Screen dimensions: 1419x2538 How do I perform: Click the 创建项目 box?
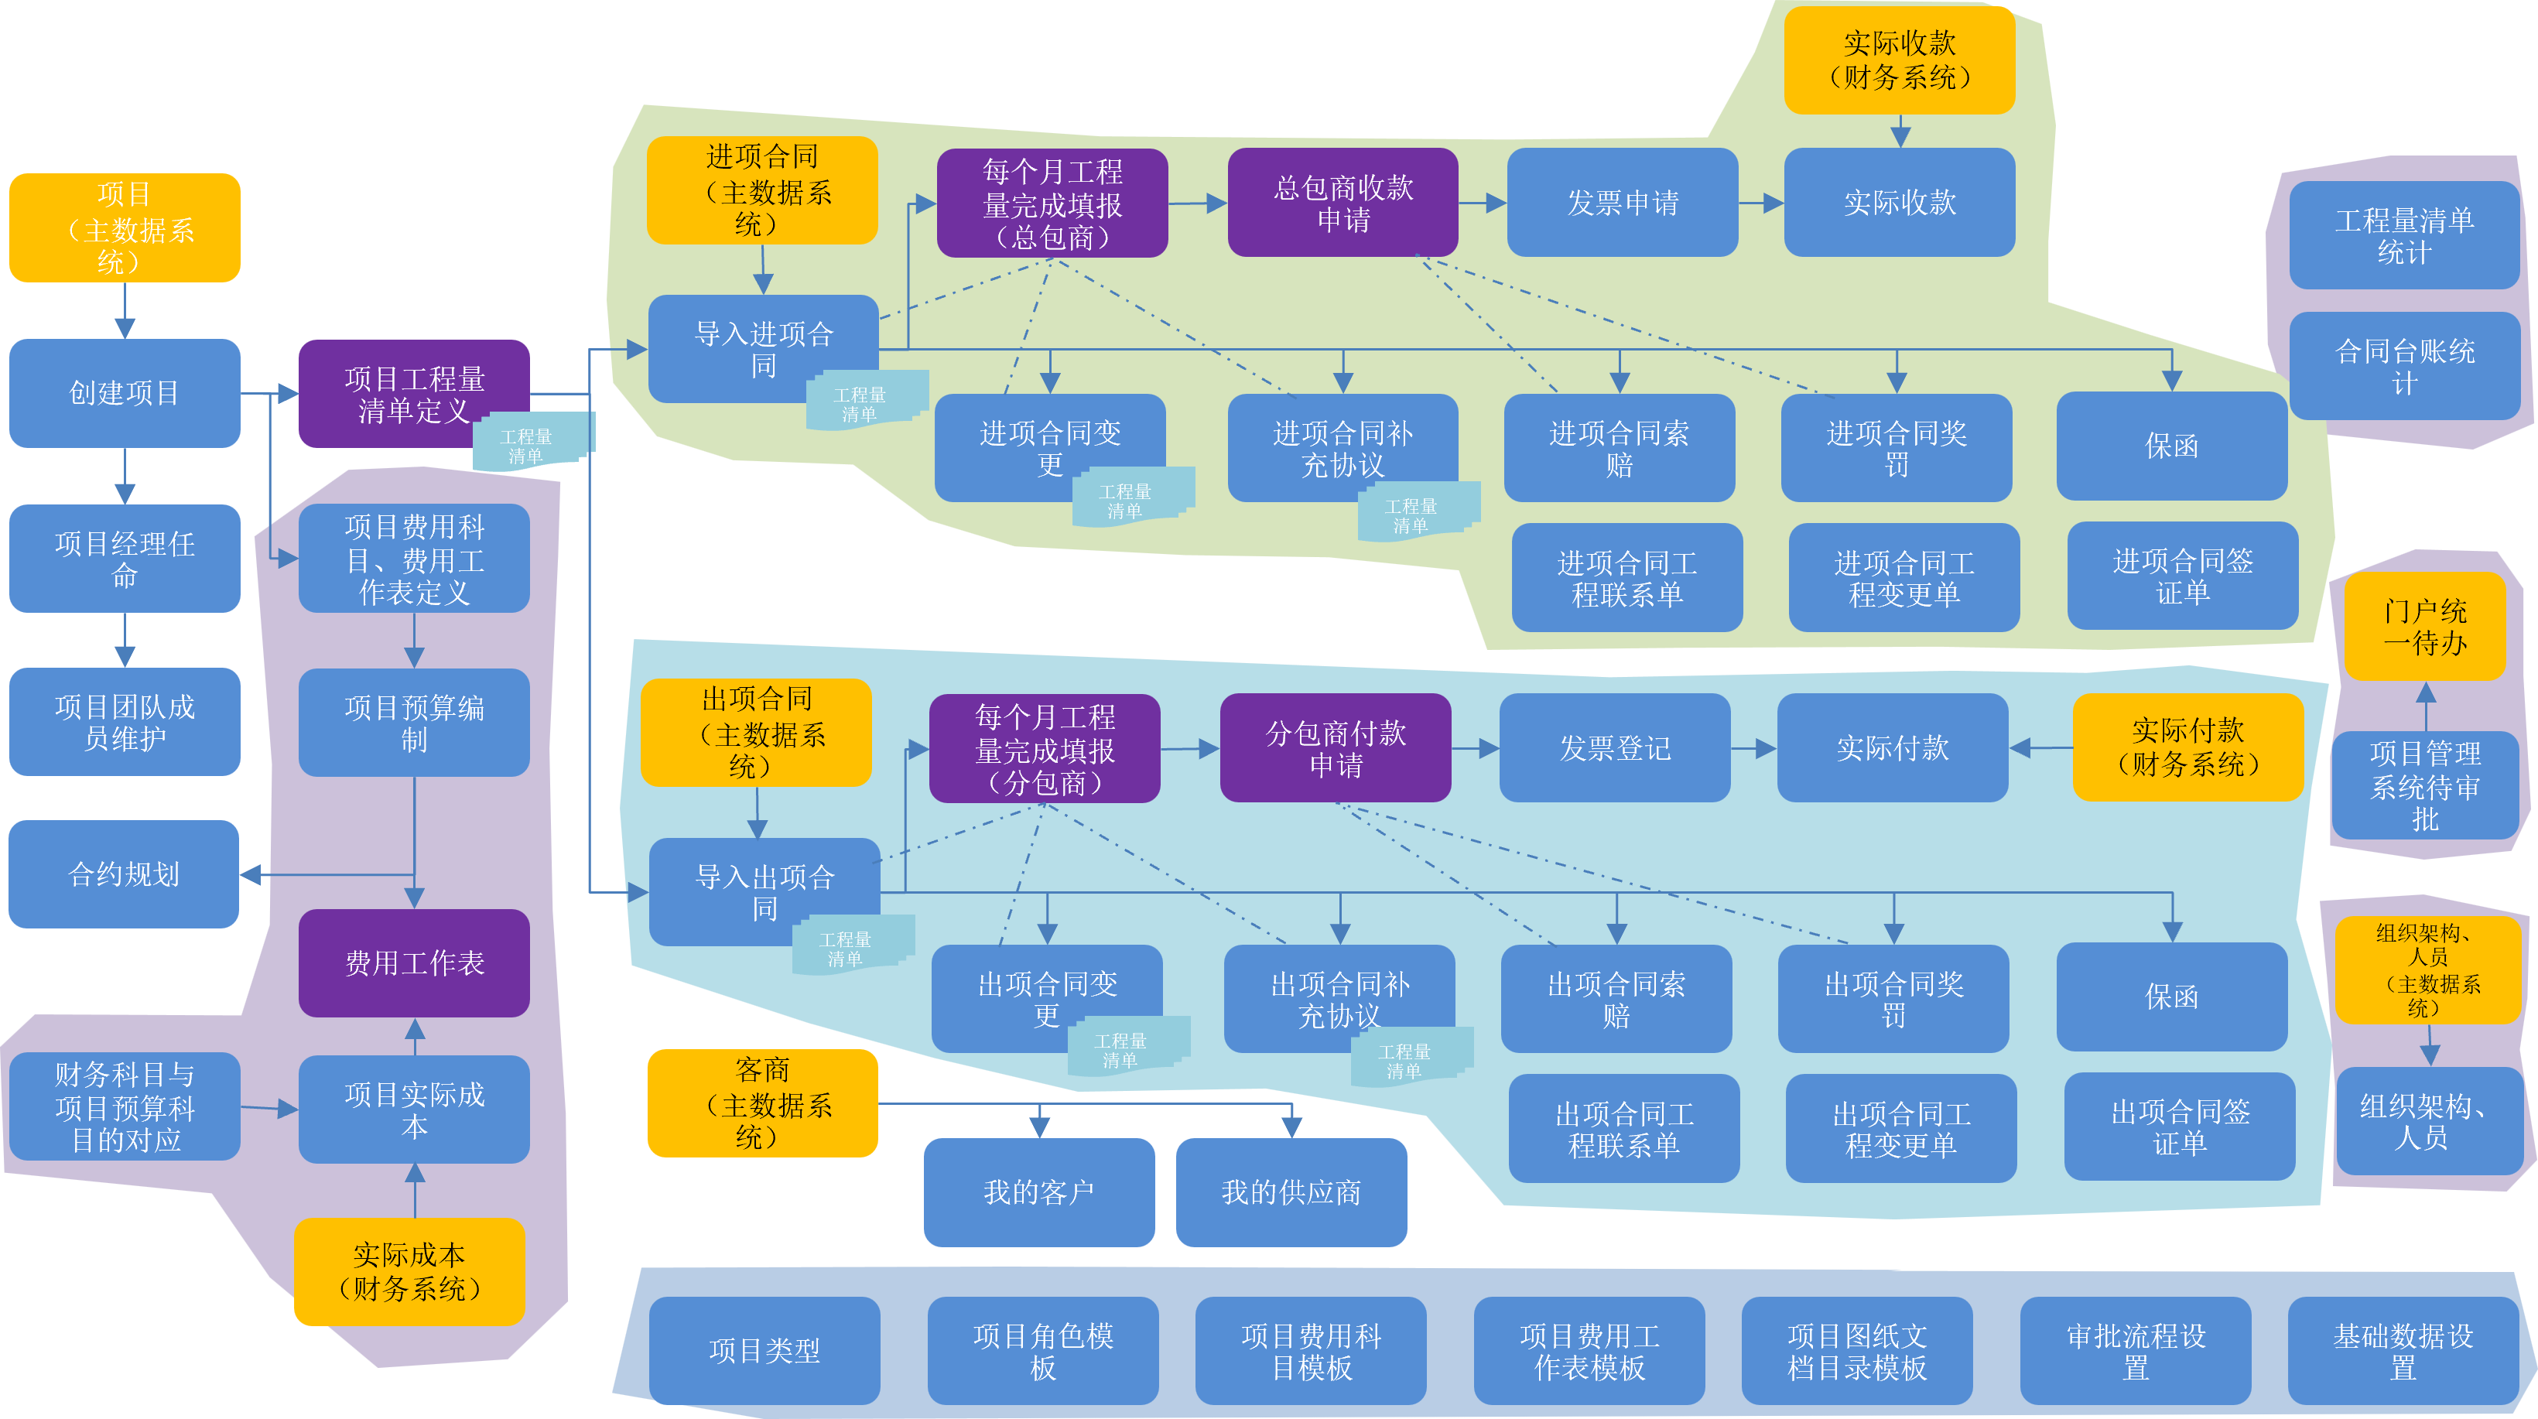(x=124, y=393)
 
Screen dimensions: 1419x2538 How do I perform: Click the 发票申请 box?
(x=1622, y=202)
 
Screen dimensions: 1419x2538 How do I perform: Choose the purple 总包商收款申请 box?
(x=1342, y=202)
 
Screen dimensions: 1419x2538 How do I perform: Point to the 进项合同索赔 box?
(x=1619, y=447)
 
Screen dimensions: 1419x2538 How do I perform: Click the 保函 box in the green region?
(x=2171, y=446)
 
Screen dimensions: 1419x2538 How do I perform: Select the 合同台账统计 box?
(x=2404, y=366)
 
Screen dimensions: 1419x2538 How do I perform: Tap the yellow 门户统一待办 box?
(x=2425, y=627)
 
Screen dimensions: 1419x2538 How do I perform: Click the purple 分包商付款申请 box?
(x=1335, y=748)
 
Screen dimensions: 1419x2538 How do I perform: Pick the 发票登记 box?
(x=1614, y=748)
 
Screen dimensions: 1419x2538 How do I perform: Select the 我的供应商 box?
(x=1291, y=1192)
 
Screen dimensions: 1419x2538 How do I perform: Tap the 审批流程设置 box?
(x=2135, y=1350)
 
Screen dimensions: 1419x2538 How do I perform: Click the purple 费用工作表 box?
(x=414, y=963)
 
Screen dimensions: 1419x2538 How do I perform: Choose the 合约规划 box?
(x=124, y=874)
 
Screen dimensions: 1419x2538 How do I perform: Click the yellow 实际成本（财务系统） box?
(x=409, y=1271)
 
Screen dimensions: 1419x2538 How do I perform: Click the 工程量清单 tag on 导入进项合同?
(x=862, y=402)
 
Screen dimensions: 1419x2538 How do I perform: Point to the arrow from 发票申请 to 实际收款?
(x=1760, y=203)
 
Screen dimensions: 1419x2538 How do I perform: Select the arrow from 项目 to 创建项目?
(x=124, y=311)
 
